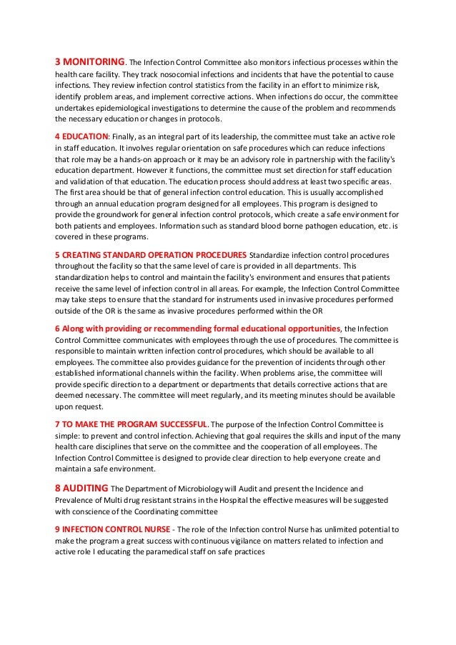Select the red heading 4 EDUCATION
tap(81, 136)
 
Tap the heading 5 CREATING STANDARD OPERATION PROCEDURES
tap(152, 255)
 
